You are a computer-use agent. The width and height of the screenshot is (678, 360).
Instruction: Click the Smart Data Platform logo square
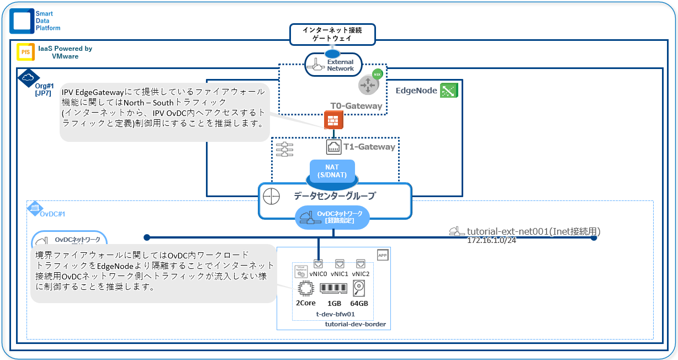(x=22, y=20)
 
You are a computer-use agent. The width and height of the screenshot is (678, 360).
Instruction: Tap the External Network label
(x=341, y=65)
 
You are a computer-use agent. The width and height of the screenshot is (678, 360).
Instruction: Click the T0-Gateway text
(x=356, y=105)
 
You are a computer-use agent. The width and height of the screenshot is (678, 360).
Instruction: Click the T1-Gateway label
(x=369, y=147)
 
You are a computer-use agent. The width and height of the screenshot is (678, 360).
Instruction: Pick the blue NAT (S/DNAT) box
(x=332, y=171)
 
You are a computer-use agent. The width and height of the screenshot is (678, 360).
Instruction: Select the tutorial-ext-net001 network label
(x=533, y=231)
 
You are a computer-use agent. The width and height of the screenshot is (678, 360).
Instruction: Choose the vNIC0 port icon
(x=318, y=264)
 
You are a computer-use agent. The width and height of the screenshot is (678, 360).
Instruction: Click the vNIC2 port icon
(x=361, y=264)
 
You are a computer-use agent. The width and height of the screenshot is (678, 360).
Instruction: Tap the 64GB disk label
(x=359, y=304)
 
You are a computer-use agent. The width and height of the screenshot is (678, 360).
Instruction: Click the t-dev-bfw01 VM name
(x=332, y=314)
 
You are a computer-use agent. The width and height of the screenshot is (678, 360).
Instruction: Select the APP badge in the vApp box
(x=383, y=255)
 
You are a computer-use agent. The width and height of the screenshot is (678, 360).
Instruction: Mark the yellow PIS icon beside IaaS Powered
(x=25, y=52)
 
